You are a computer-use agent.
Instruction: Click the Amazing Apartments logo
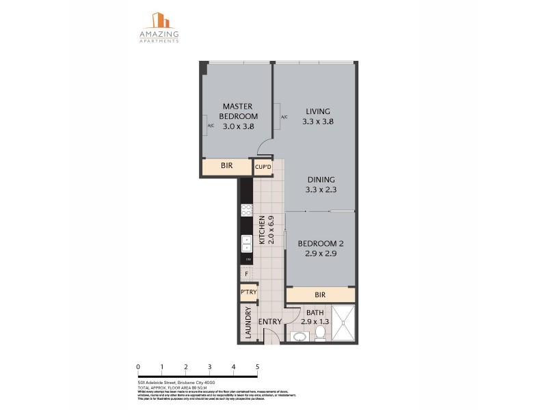coord(160,27)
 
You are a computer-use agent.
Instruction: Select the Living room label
coord(319,116)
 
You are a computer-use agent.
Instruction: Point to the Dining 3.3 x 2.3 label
coord(320,184)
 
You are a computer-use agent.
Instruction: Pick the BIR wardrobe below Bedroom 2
coord(320,295)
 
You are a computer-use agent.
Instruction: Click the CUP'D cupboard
coord(263,167)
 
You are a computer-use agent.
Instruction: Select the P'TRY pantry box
coord(248,292)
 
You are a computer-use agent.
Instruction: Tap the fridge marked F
coord(245,273)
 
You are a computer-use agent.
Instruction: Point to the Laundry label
coord(247,323)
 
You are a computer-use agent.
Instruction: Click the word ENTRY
coord(269,323)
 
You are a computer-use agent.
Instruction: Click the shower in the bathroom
coord(344,323)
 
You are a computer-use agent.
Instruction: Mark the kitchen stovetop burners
coord(246,210)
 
